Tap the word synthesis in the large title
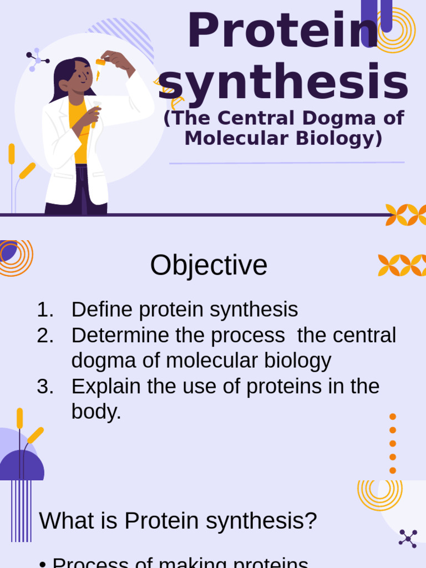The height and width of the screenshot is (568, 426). [x=283, y=82]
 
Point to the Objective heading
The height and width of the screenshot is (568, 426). [x=209, y=265]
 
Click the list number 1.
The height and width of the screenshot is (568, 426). [x=44, y=310]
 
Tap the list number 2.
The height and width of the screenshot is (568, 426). [x=44, y=335]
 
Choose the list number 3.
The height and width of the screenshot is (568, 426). [x=44, y=386]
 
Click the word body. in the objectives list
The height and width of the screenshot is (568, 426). [x=96, y=412]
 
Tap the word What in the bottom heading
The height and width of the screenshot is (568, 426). [x=63, y=521]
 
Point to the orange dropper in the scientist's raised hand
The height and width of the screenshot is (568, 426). [x=100, y=63]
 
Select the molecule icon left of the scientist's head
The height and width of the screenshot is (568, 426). [x=37, y=59]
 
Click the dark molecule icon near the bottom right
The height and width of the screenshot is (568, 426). [x=408, y=538]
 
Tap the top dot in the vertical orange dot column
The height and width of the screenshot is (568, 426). [x=393, y=417]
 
